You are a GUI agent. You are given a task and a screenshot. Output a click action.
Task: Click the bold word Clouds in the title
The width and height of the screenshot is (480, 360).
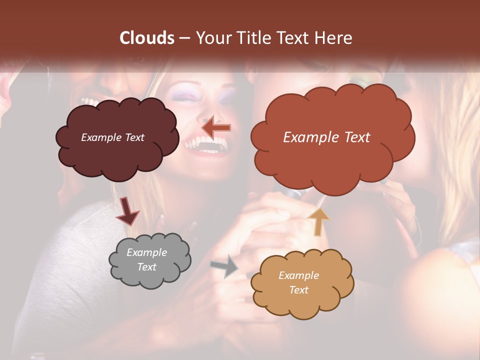[x=146, y=38]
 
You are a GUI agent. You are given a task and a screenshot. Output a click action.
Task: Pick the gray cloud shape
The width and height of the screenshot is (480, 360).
[x=149, y=260]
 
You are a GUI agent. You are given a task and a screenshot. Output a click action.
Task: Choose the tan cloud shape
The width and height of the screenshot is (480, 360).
[x=301, y=283]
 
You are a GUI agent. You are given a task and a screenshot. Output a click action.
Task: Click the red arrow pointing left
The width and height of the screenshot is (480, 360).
[x=216, y=128]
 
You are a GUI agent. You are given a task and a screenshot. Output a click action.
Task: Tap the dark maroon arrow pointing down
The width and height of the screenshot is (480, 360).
[x=127, y=211]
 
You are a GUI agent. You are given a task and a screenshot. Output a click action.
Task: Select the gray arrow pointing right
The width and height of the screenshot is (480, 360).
[x=225, y=266]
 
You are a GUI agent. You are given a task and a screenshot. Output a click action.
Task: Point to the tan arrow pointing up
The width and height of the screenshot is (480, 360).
[x=318, y=221]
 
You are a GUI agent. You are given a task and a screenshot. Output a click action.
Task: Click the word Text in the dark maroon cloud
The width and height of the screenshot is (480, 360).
[x=134, y=137]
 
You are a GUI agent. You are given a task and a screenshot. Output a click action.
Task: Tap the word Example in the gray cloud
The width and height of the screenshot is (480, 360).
[x=147, y=252]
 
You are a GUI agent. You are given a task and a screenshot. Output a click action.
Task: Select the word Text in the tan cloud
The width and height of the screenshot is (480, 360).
[x=299, y=290]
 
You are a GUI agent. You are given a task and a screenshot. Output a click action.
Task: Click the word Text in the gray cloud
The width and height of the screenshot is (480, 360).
[x=147, y=267]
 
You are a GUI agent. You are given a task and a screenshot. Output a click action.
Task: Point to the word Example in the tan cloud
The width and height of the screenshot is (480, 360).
[x=299, y=275]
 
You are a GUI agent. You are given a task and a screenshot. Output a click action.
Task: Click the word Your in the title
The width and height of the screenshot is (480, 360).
[x=211, y=38]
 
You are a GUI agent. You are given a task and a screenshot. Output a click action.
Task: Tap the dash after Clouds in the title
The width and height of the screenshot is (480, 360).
[x=183, y=38]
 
